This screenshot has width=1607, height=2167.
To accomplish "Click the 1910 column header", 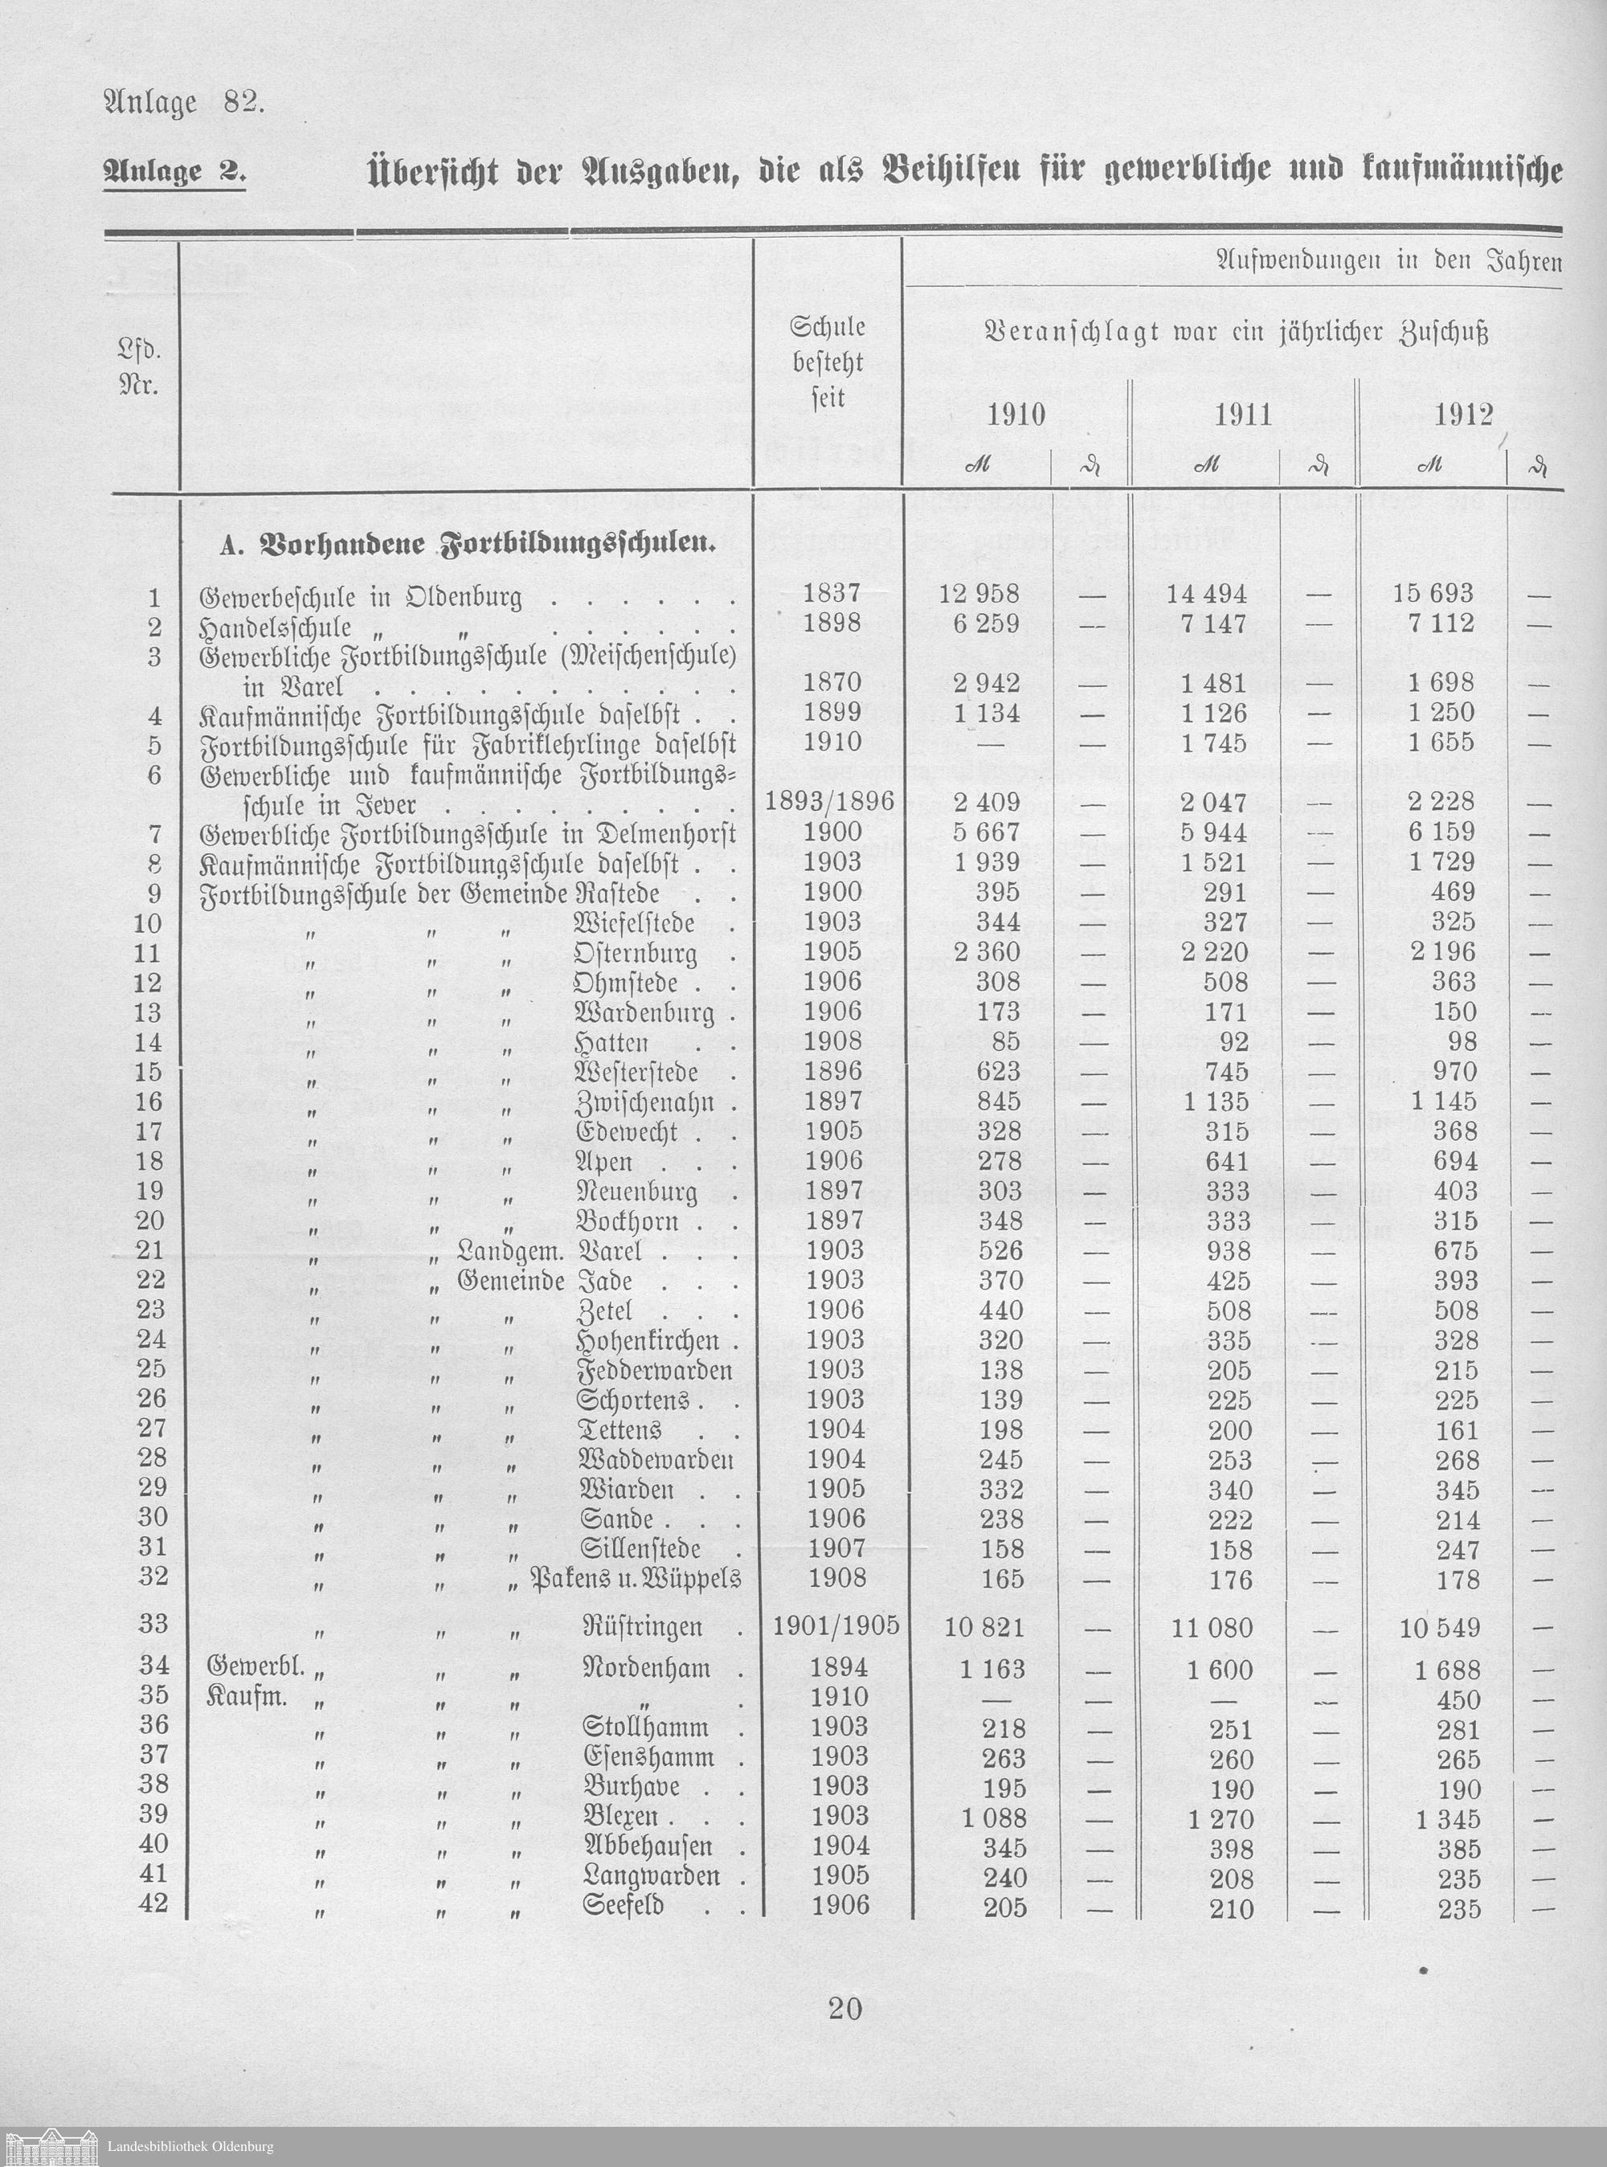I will point(1016,415).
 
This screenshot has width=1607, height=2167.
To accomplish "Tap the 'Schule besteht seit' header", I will point(827,362).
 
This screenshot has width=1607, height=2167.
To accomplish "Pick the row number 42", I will point(153,1903).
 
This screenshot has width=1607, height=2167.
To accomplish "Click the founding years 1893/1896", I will point(828,801).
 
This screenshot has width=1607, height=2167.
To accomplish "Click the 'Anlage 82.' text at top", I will point(183,103).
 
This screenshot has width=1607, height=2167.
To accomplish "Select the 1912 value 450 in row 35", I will point(1458,1699).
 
